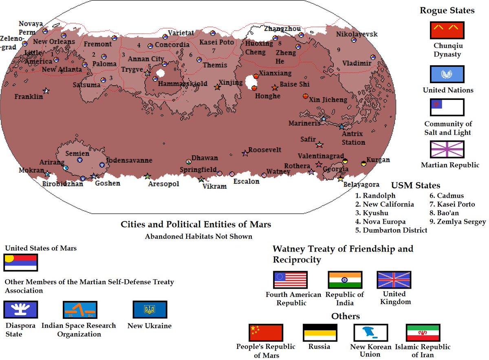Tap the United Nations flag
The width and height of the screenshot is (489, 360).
[447, 74]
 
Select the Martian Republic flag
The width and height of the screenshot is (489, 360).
[447, 149]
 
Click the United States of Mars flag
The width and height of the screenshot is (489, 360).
[21, 263]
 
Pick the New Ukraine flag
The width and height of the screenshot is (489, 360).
[150, 309]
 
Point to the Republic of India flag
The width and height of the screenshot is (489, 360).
[345, 280]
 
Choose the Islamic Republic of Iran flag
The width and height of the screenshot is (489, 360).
[423, 333]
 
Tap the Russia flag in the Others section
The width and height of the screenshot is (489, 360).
[320, 333]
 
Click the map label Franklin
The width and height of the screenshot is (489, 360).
[29, 97]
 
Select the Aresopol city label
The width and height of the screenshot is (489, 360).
[163, 184]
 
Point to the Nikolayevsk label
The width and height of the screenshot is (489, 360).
[357, 34]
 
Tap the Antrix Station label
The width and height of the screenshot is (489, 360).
[353, 138]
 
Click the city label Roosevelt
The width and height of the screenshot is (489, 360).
[265, 150]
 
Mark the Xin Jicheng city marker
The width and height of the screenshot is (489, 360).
[305, 96]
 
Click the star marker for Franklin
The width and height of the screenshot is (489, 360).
[46, 91]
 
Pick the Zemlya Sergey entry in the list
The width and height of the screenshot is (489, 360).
[458, 222]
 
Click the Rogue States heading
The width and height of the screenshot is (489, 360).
[447, 11]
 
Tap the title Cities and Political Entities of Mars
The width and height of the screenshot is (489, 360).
[196, 224]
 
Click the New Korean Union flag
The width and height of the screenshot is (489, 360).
[371, 333]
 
